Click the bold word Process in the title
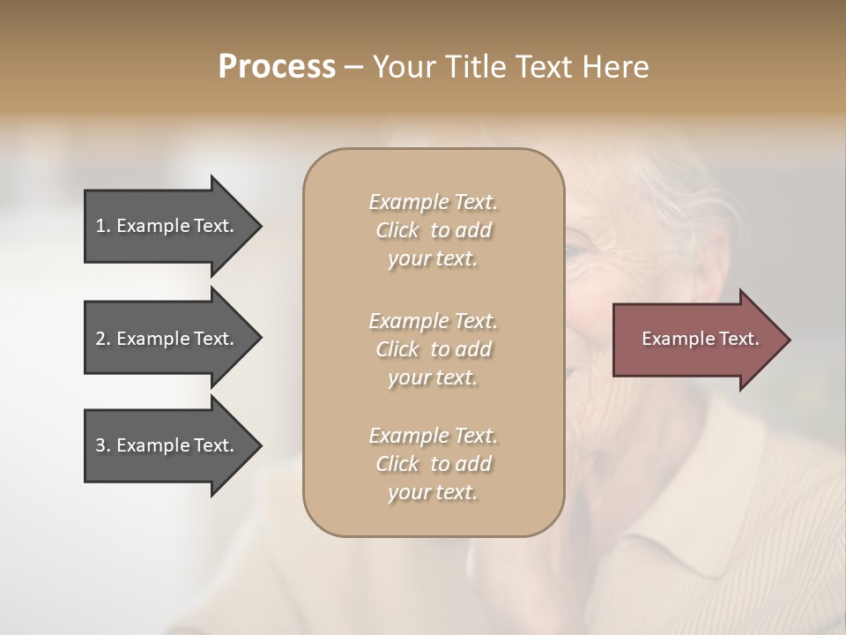point(277,67)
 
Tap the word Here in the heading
point(615,67)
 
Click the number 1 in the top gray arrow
point(100,226)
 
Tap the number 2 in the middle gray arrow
point(100,339)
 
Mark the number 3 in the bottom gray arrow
point(100,445)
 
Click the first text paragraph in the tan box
point(433,230)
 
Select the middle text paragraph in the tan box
point(433,348)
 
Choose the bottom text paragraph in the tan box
point(433,464)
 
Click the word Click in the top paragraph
point(397,230)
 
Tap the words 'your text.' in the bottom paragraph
point(433,493)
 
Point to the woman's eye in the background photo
point(577,251)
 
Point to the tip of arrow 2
point(260,339)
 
